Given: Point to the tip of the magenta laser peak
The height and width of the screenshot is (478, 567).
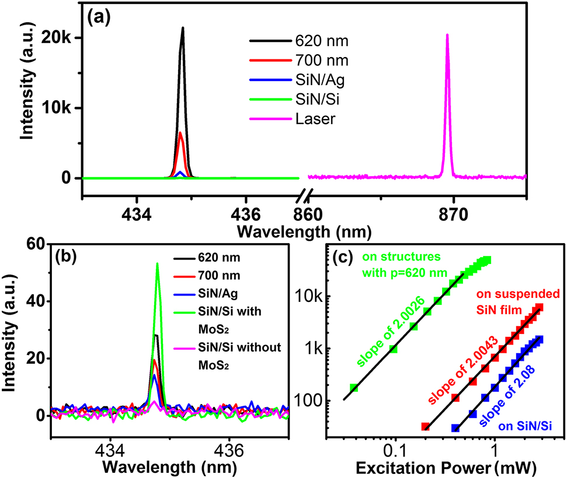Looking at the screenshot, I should tap(447, 35).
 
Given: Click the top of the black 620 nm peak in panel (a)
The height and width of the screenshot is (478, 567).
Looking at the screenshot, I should tap(183, 28).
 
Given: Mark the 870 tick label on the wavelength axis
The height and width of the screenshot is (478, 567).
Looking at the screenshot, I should tap(453, 213).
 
